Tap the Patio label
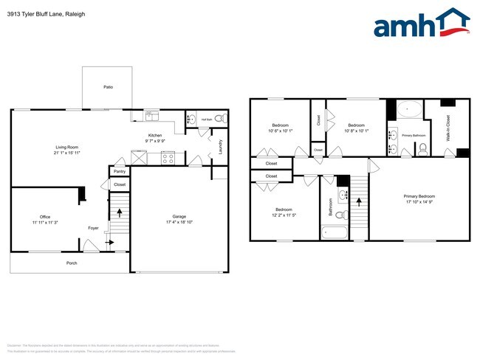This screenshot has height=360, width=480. tap(108, 87)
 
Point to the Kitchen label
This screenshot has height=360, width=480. tap(155, 135)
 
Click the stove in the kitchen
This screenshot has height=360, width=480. tap(168, 156)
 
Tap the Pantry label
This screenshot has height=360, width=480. tap(120, 171)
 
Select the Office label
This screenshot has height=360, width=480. tap(45, 216)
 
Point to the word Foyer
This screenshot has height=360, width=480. tap(93, 228)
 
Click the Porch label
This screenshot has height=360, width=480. tap(72, 263)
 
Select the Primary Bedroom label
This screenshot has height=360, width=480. tap(419, 196)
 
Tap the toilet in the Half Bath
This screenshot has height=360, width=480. tap(224, 118)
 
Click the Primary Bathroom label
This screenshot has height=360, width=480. tap(414, 136)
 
